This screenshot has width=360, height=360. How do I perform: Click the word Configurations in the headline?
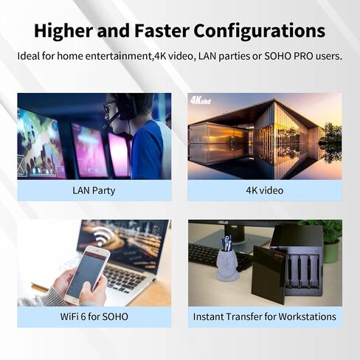click(x=260, y=32)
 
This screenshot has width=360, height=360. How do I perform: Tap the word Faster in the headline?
click(x=162, y=30)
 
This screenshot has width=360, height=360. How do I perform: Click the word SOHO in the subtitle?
click(x=277, y=56)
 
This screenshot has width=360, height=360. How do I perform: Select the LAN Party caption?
click(x=94, y=191)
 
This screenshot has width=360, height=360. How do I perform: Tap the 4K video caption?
click(x=265, y=190)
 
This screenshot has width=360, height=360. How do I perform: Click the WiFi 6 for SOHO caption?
click(x=94, y=316)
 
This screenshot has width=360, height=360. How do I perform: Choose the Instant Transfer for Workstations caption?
click(x=265, y=316)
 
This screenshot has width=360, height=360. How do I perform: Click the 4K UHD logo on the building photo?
click(x=201, y=100)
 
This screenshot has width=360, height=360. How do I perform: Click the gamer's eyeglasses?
click(x=109, y=106)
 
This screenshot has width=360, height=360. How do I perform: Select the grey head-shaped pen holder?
click(x=227, y=265)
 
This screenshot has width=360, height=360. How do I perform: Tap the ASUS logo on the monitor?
click(x=223, y=223)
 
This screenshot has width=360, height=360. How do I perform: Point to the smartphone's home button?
click(x=73, y=301)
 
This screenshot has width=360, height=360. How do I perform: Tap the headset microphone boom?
click(x=111, y=121)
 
